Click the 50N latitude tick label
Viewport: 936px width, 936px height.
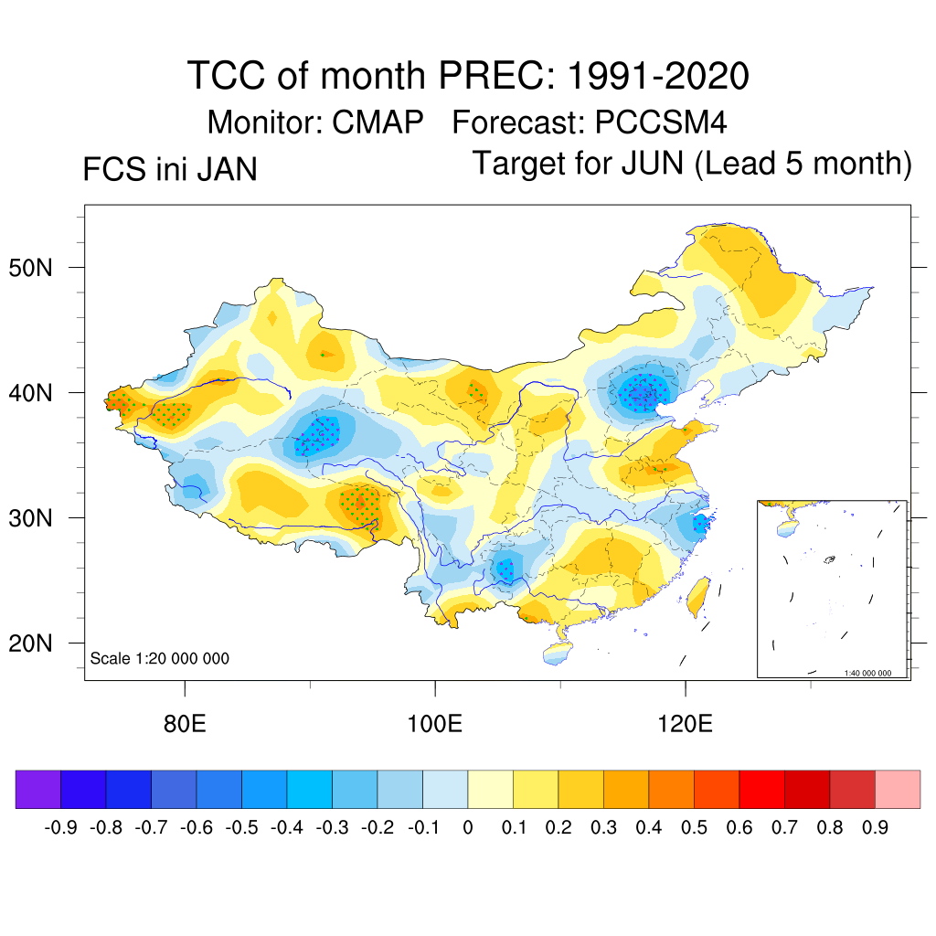(x=39, y=268)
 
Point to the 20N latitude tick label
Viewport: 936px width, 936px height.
(x=39, y=643)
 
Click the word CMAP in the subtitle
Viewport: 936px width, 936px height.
(x=378, y=122)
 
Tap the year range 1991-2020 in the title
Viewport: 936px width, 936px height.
(x=658, y=76)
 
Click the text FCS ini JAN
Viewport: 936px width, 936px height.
(x=170, y=170)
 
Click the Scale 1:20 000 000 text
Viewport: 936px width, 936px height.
(x=160, y=658)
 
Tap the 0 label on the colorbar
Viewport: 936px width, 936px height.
(x=468, y=828)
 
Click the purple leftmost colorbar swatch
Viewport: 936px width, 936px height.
(x=38, y=790)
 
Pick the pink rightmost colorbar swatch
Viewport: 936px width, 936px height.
(x=898, y=790)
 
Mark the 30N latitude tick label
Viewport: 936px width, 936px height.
(x=39, y=518)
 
